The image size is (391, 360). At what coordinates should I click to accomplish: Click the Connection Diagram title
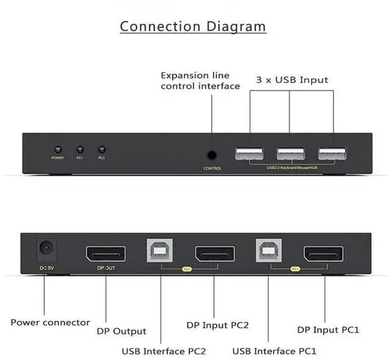click(x=193, y=26)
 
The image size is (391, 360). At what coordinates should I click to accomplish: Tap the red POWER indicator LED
click(x=57, y=149)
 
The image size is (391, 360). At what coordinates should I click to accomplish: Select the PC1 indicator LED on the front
click(x=79, y=149)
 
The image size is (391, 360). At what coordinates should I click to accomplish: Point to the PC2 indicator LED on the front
click(x=101, y=149)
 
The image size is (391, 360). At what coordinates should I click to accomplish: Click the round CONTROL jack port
click(x=212, y=155)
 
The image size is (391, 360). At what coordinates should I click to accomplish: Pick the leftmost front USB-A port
click(x=249, y=153)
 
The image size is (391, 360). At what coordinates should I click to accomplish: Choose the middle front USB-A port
click(x=291, y=153)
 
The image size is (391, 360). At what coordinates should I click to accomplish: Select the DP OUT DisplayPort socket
click(x=106, y=254)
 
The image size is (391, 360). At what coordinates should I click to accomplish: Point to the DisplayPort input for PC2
click(x=214, y=254)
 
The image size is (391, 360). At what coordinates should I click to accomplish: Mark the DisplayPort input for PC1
click(x=324, y=254)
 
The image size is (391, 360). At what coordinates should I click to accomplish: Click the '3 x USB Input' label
click(x=291, y=79)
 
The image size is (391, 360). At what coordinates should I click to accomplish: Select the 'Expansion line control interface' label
click(x=200, y=81)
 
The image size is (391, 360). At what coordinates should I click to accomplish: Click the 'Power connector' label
click(x=50, y=322)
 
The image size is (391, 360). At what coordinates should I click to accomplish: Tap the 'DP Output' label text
click(x=122, y=331)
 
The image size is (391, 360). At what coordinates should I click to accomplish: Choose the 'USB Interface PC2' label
click(x=163, y=351)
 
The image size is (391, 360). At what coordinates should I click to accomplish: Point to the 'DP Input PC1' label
click(x=328, y=329)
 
